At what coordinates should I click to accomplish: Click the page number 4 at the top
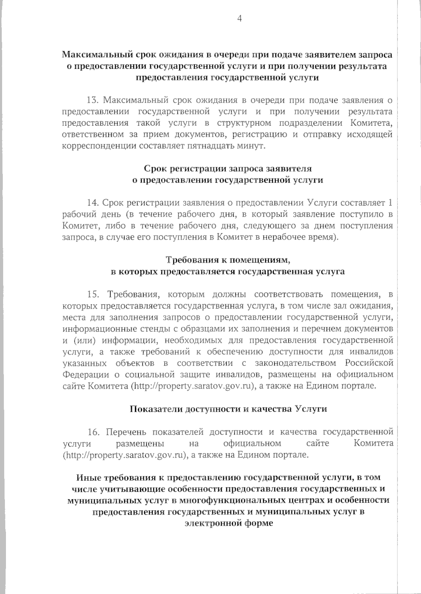point(240,19)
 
